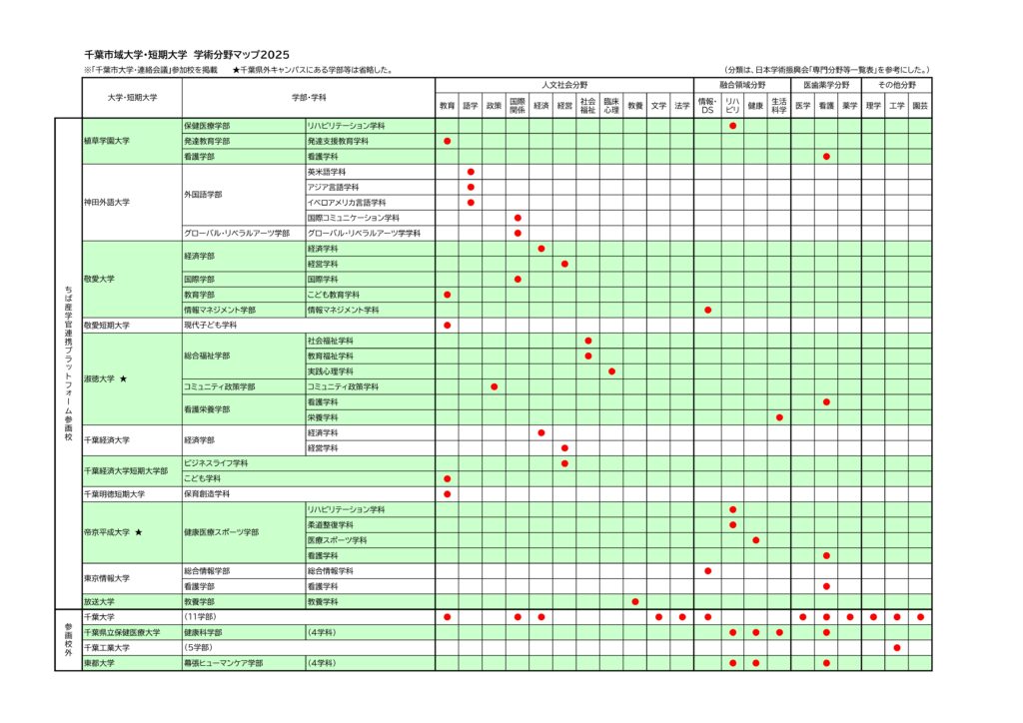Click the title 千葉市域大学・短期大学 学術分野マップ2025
(188, 55)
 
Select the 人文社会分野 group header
(563, 86)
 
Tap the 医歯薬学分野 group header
(826, 86)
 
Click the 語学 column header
(471, 105)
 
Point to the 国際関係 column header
(517, 105)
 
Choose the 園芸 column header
(920, 105)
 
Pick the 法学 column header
(682, 105)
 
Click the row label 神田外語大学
(107, 203)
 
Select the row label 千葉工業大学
(107, 648)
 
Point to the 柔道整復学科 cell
(331, 525)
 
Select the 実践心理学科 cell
(331, 371)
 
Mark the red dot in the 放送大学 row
(635, 602)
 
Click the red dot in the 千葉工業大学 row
(897, 648)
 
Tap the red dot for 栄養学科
(779, 417)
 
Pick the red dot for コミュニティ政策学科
(495, 386)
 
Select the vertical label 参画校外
(68, 640)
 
